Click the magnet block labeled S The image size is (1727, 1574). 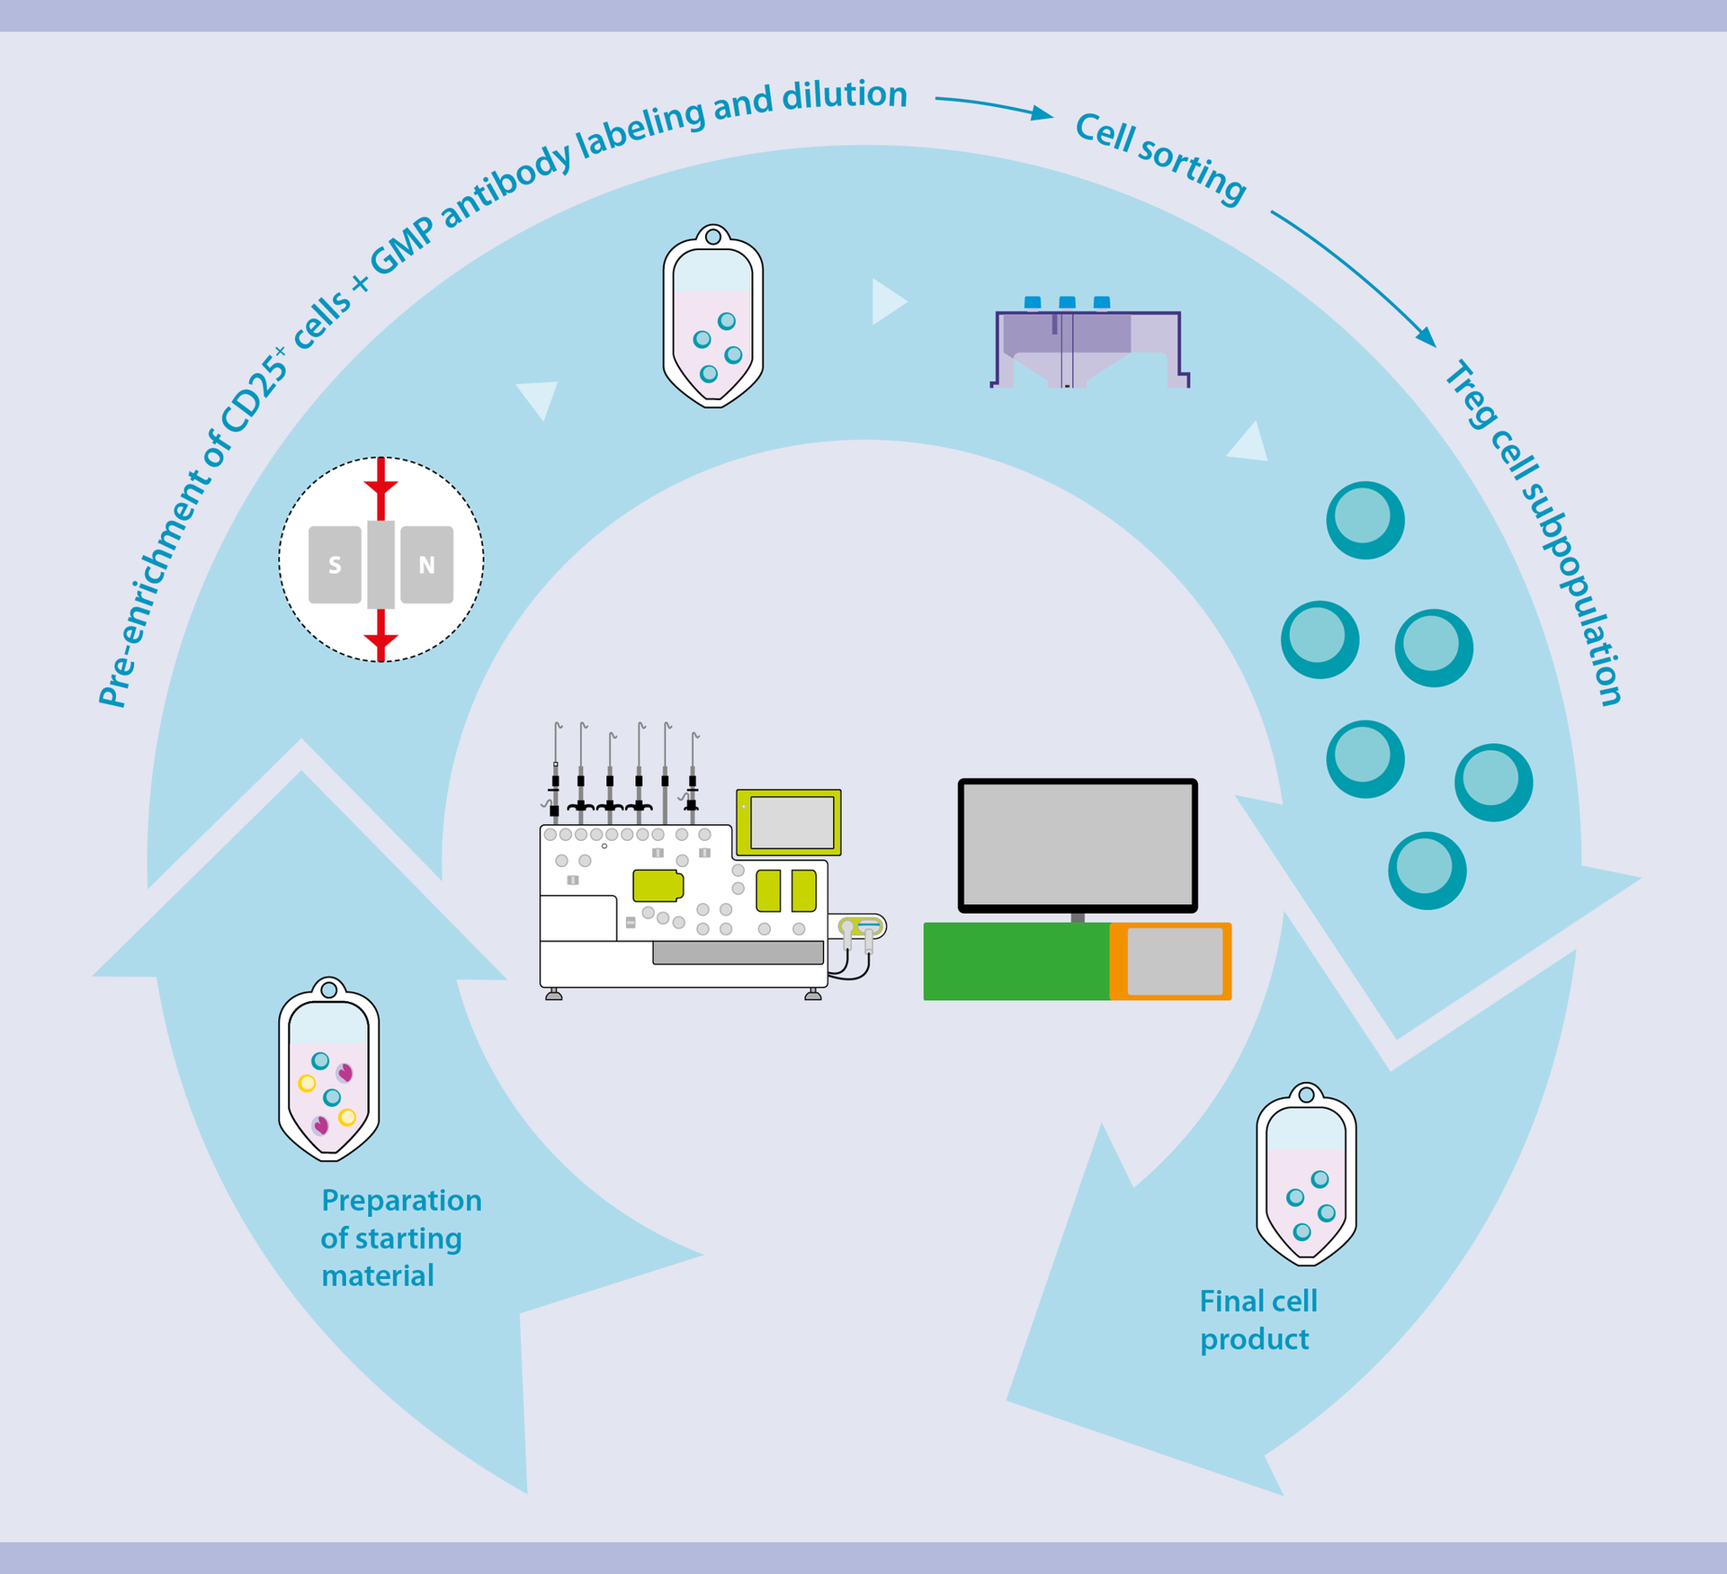[335, 565]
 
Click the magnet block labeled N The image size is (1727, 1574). [426, 565]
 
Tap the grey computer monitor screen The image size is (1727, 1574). [1078, 845]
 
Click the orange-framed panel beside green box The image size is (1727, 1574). [1172, 961]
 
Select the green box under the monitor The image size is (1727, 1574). [1016, 961]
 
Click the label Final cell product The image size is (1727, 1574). [1257, 1320]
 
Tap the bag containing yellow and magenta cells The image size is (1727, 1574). [328, 1070]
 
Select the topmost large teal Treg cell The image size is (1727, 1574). [1365, 520]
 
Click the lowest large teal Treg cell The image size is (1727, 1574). [1427, 870]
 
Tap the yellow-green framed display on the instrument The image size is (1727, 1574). [789, 822]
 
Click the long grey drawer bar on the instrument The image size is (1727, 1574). [738, 952]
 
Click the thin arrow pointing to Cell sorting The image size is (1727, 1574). [994, 105]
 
